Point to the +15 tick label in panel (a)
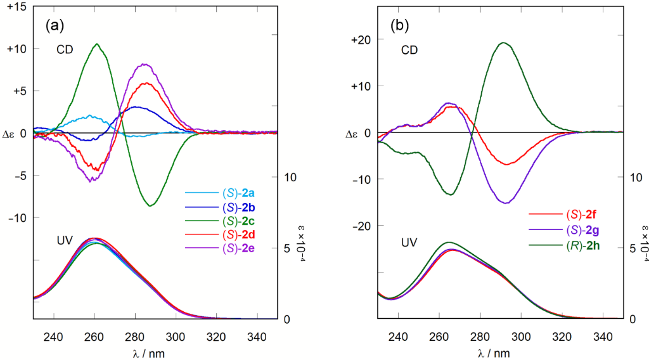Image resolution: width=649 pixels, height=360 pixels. click(x=14, y=6)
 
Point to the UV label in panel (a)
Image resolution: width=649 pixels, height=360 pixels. click(x=65, y=240)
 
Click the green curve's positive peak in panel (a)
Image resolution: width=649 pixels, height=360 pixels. click(x=97, y=44)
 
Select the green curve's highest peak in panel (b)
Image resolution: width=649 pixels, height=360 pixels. click(x=503, y=42)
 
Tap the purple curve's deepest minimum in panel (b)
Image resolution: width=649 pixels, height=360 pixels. click(x=506, y=203)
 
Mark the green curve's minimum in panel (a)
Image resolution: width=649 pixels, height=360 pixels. click(x=150, y=206)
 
